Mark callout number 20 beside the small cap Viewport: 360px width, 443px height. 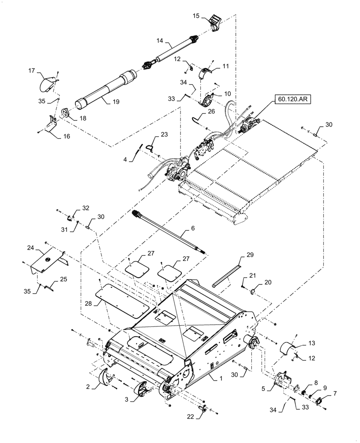click(x=268, y=283)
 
